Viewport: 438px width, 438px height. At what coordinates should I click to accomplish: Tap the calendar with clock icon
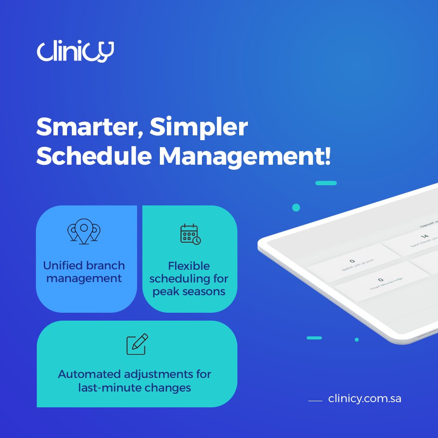pyautogui.click(x=190, y=234)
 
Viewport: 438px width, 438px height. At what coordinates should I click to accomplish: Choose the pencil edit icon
pyautogui.click(x=137, y=344)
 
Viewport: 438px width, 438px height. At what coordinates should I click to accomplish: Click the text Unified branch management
pyautogui.click(x=84, y=272)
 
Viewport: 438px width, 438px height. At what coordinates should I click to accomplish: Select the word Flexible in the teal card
pyautogui.click(x=189, y=266)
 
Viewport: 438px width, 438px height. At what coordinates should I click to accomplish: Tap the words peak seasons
pyautogui.click(x=189, y=292)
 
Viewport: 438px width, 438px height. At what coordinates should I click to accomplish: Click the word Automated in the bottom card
pyautogui.click(x=90, y=374)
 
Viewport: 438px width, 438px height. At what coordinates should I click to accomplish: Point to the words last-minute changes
pyautogui.click(x=134, y=388)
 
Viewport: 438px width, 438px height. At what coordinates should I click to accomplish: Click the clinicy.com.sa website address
pyautogui.click(x=364, y=399)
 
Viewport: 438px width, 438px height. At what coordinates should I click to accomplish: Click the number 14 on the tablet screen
pyautogui.click(x=424, y=237)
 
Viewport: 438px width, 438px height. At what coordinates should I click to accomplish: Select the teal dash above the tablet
pyautogui.click(x=326, y=183)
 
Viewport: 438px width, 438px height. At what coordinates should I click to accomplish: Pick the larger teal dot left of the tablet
pyautogui.click(x=296, y=208)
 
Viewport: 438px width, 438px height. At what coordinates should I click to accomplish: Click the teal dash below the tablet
pyautogui.click(x=314, y=338)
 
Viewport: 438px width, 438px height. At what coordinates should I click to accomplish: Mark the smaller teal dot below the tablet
pyautogui.click(x=357, y=339)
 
